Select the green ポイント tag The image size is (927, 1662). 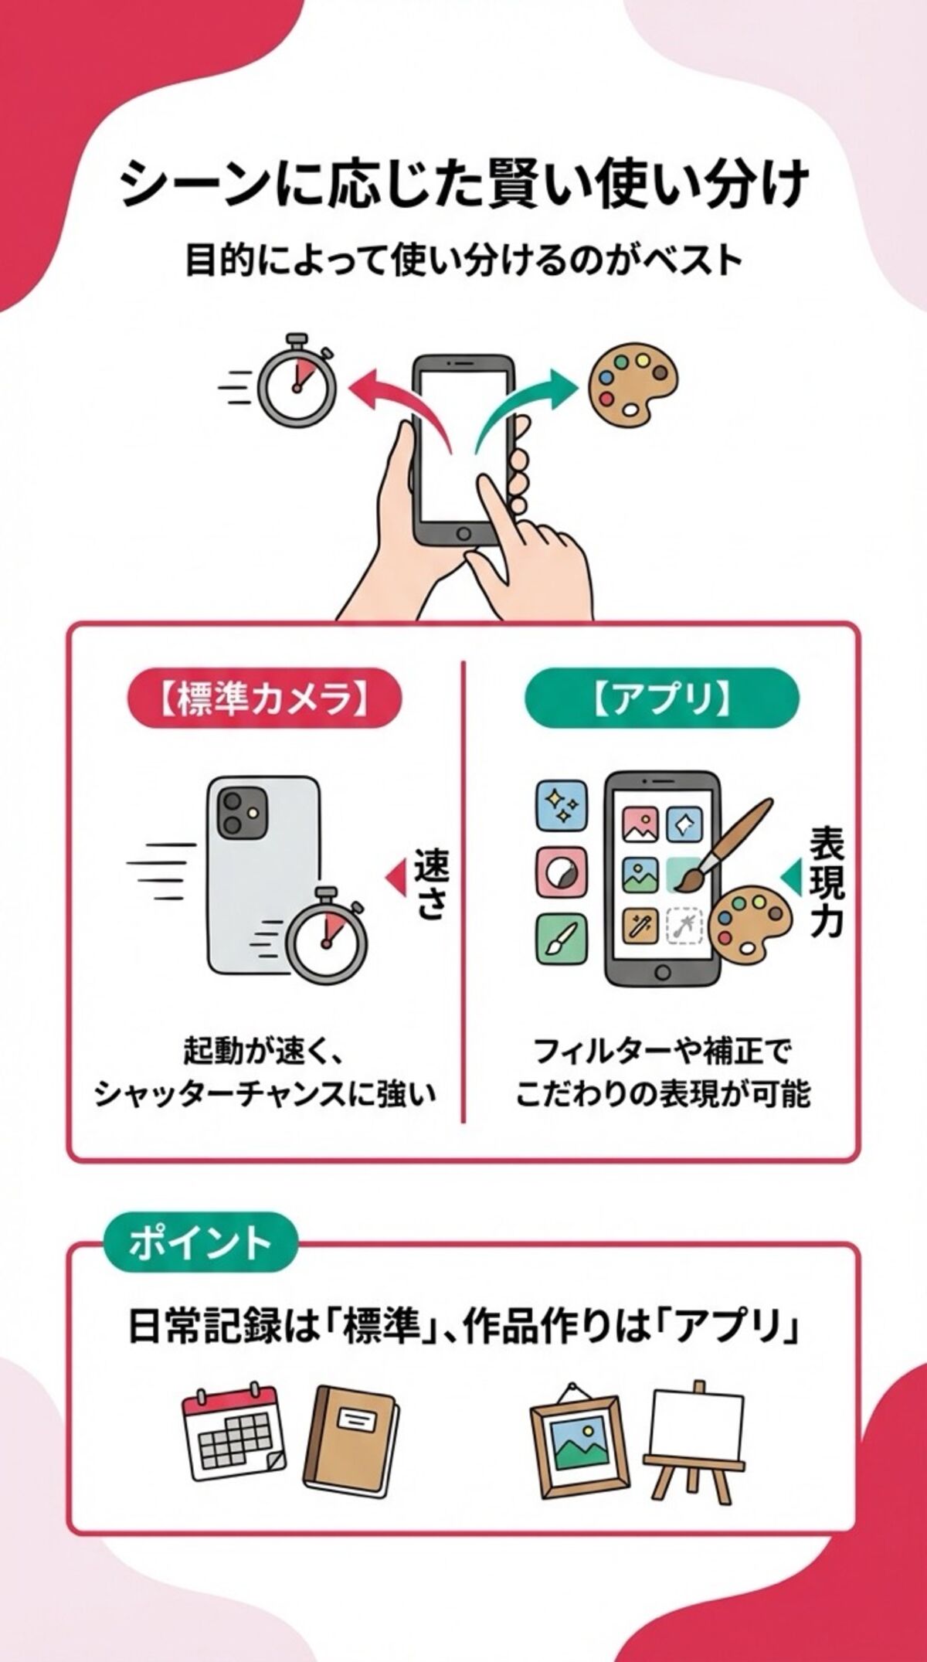[200, 1243]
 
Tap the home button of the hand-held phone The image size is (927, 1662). [463, 532]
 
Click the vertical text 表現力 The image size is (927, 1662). [826, 882]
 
